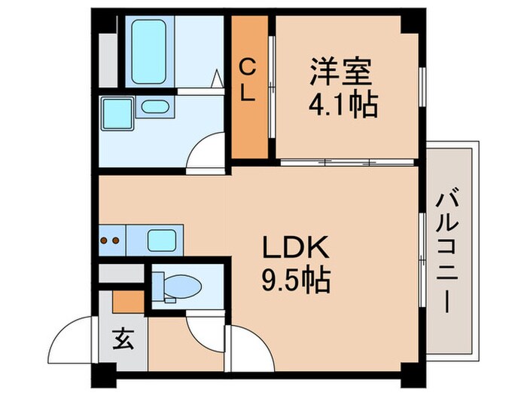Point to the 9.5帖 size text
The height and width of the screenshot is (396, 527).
[295, 280]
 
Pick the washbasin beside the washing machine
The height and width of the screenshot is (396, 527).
[156, 107]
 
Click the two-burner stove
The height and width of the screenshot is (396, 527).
[111, 241]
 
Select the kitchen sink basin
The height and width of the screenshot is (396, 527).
[162, 241]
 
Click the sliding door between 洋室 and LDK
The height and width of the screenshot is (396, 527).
[346, 161]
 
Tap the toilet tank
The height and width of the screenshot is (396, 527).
[160, 287]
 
